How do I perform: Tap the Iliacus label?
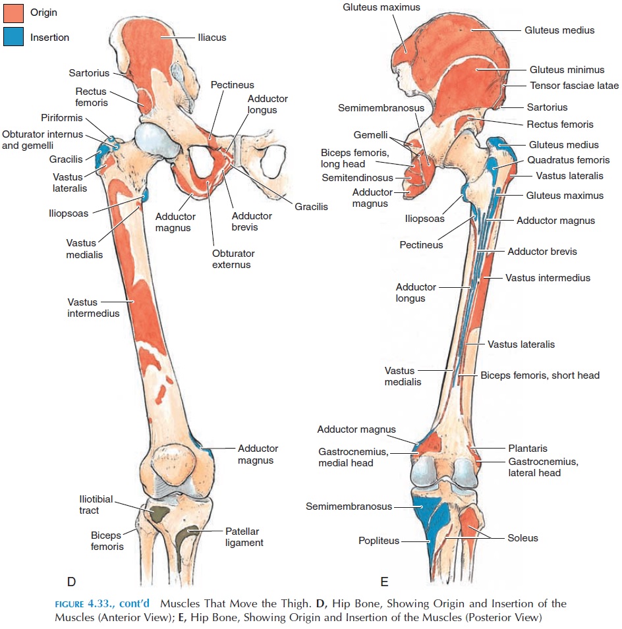212,38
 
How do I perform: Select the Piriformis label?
61,119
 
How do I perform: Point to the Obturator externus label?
233,259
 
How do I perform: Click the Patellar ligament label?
244,537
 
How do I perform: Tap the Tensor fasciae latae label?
574,86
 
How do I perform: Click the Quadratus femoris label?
568,160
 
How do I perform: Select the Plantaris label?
527,449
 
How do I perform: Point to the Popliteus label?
379,541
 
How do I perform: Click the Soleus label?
523,538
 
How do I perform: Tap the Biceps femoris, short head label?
540,375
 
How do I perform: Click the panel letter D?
72,581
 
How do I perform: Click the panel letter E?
384,581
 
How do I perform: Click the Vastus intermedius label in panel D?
93,308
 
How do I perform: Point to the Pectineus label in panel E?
420,245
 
